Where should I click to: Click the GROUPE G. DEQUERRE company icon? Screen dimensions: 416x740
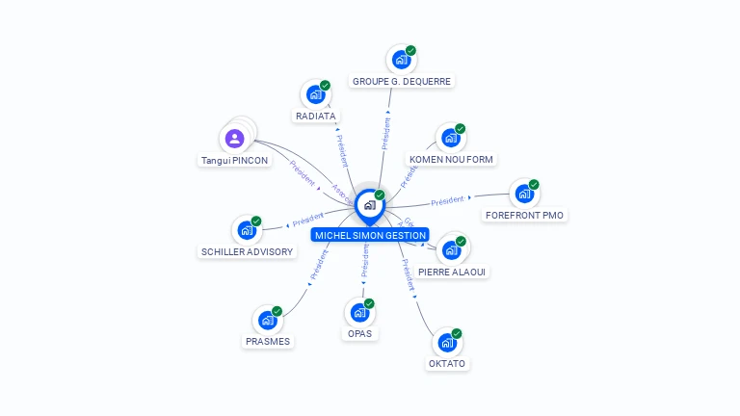401,60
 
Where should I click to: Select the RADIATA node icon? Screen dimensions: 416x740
315,94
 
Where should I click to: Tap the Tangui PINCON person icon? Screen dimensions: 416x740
234,138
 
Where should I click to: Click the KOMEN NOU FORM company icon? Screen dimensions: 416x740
450,138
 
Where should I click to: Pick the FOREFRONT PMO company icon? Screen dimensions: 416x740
524,194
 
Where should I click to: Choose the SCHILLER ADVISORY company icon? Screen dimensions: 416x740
247,230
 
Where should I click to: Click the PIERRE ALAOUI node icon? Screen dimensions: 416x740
451,250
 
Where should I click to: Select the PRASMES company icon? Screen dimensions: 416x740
267,321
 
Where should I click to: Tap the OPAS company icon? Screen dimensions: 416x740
359,312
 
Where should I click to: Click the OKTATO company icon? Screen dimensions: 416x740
446,342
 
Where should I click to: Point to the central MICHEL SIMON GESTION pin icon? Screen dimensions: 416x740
369,205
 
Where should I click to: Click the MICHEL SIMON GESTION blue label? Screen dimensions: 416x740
370,235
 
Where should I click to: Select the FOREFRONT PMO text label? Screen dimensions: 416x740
524,215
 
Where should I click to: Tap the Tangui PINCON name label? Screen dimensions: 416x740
234,160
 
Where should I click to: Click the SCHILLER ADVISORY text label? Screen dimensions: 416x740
247,251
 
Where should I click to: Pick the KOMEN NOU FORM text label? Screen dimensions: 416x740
453,159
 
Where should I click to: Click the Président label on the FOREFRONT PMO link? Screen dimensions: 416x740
447,201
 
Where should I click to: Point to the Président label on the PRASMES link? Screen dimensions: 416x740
319,265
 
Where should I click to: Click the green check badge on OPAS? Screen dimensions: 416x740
369,303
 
